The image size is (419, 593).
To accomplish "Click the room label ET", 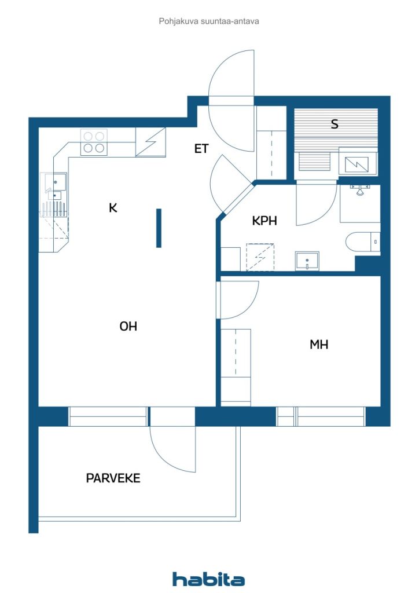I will coord(201,149).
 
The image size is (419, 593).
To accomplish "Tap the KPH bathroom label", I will coord(264,221).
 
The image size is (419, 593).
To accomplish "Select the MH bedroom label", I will coord(319,345).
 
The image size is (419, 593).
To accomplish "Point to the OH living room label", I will coord(128,326).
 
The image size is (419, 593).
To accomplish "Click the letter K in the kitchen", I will coord(113,207).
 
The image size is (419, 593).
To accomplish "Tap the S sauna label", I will coord(335,124).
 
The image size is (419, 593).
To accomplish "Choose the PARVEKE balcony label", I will coord(113,478).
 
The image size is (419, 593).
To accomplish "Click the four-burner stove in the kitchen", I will coord(94,142).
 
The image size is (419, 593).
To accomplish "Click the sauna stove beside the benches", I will coord(356,162).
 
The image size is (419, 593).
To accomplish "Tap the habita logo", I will coord(209,579).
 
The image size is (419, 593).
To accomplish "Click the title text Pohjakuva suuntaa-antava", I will coord(209,21).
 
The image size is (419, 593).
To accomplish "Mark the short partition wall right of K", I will coord(159,228).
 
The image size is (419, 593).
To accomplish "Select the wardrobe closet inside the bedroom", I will coord(236,367).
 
